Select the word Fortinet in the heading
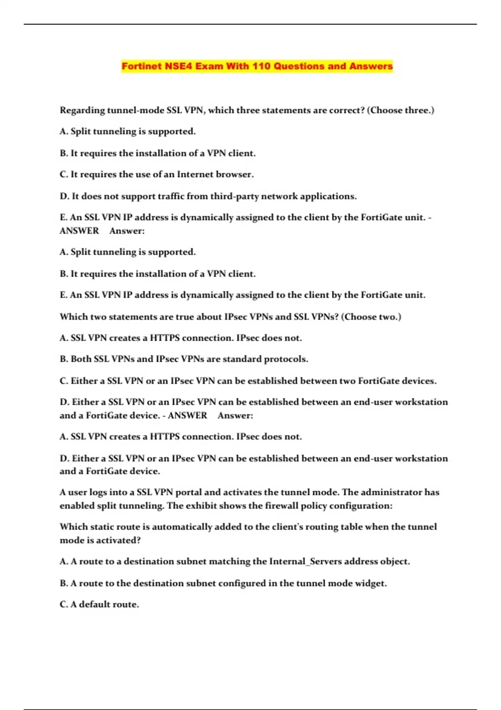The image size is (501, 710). (141, 66)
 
